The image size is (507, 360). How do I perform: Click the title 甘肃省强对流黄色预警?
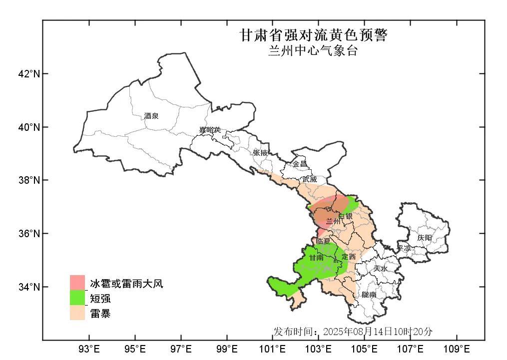tap(313, 35)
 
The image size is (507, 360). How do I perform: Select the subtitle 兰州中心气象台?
tap(313, 51)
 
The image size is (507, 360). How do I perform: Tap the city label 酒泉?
tap(151, 116)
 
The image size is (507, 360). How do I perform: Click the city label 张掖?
tap(260, 152)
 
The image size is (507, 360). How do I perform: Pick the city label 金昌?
tap(300, 164)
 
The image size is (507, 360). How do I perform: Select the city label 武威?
tap(309, 179)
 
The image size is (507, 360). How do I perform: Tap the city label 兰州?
tap(333, 221)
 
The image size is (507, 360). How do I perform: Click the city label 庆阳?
tap(425, 238)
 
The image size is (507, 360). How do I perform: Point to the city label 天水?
tap(380, 268)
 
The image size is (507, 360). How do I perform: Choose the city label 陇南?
tap(369, 295)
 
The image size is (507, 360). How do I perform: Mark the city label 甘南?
tap(316, 258)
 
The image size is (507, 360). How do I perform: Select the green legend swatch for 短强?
tap(77, 298)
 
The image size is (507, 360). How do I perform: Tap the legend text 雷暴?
tap(100, 314)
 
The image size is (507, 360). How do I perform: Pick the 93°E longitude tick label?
tap(89, 348)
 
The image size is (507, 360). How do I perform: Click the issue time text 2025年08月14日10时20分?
tap(378, 332)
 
